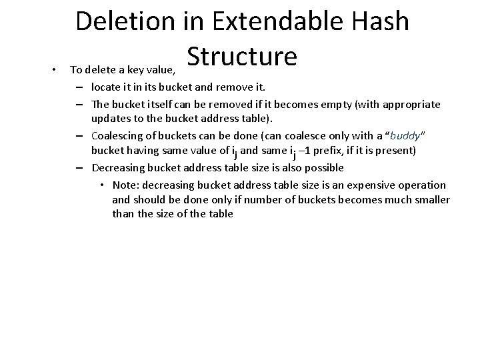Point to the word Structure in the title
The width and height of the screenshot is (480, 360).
242,57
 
